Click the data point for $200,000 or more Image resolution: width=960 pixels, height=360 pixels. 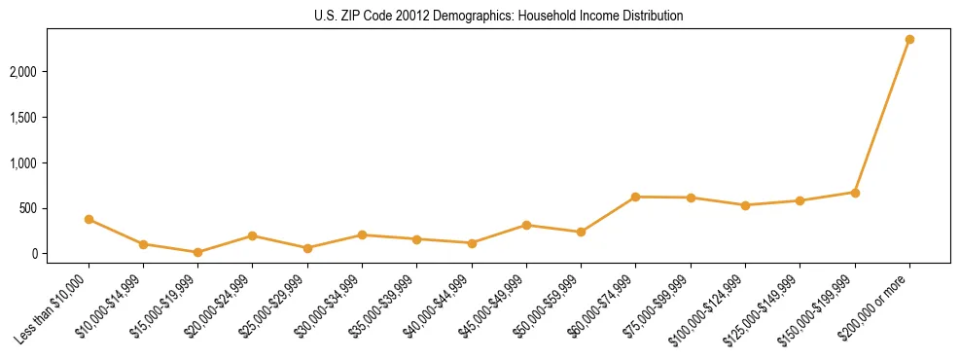(x=909, y=39)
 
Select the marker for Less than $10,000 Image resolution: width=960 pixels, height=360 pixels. (x=89, y=219)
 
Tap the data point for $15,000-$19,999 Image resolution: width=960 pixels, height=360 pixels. (x=197, y=252)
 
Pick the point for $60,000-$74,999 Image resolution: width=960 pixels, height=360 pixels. (x=635, y=197)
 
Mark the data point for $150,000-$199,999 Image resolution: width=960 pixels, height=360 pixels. (x=855, y=193)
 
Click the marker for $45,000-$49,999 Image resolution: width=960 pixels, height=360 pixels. (x=526, y=225)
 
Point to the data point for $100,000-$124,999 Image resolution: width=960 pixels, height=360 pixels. (x=745, y=205)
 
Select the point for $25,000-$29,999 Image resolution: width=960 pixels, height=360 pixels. (x=307, y=248)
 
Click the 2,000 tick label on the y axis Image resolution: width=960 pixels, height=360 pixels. (x=23, y=72)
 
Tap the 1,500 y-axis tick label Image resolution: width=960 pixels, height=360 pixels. (x=23, y=118)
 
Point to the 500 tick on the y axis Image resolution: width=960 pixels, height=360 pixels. (x=27, y=208)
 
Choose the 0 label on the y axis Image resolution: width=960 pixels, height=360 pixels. (x=33, y=254)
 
